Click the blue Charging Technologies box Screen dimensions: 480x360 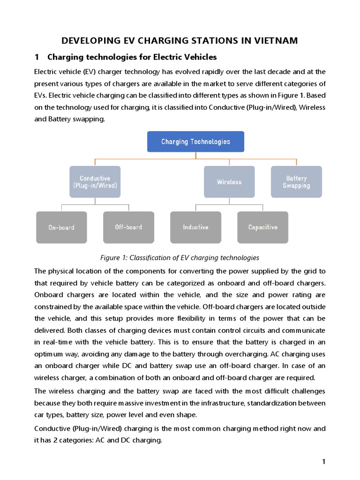[x=195, y=142]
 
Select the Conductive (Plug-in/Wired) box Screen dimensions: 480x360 [x=95, y=182]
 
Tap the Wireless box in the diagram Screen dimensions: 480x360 [x=229, y=182]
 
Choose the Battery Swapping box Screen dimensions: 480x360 [x=296, y=182]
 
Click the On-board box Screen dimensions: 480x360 [x=61, y=227]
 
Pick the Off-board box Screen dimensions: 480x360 [x=128, y=227]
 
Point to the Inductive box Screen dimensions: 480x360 [x=195, y=227]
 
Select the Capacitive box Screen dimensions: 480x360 [x=262, y=227]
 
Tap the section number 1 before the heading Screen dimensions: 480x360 [x=37, y=57]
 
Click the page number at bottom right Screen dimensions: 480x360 [x=323, y=462]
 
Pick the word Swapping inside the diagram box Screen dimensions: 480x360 [x=296, y=186]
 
